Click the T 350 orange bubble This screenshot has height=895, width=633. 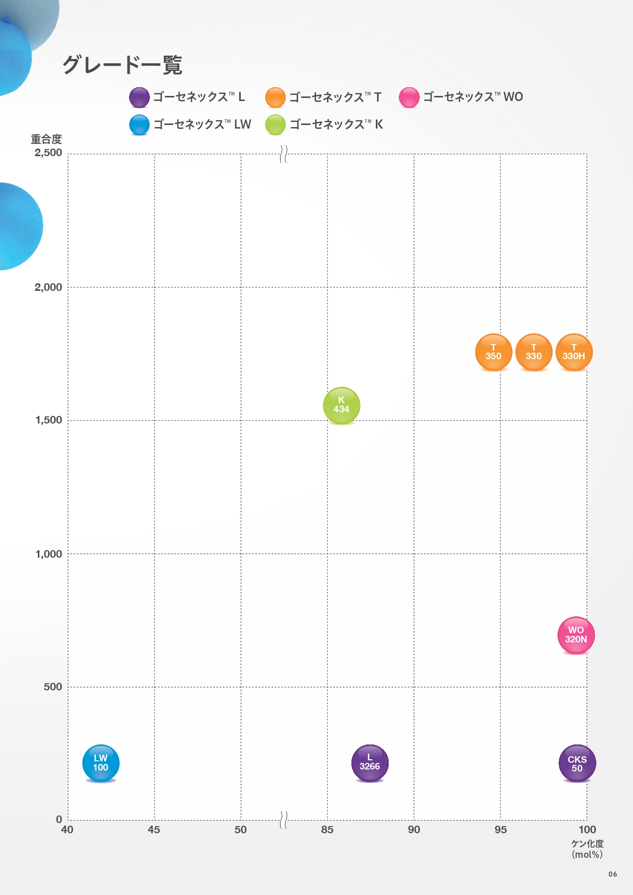pyautogui.click(x=493, y=352)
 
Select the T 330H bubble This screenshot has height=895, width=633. pyautogui.click(x=574, y=352)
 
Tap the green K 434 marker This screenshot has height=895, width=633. pyautogui.click(x=341, y=405)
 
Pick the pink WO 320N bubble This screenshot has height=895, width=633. pyautogui.click(x=576, y=635)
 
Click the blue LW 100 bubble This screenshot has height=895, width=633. pyautogui.click(x=100, y=763)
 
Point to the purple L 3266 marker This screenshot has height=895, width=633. pyautogui.click(x=370, y=762)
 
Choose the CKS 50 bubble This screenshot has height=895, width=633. pyautogui.click(x=577, y=763)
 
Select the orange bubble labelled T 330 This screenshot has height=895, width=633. pyautogui.click(x=534, y=352)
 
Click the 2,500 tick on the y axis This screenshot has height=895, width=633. pyautogui.click(x=48, y=153)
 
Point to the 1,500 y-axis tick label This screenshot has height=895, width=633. pyautogui.click(x=48, y=420)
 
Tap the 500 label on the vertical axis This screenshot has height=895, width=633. pyautogui.click(x=53, y=687)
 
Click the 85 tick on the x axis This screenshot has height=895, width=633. pyautogui.click(x=327, y=830)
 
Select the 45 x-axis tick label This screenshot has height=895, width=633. pyautogui.click(x=154, y=830)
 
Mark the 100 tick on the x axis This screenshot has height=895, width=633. pyautogui.click(x=587, y=830)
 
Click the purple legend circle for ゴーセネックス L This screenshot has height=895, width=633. pyautogui.click(x=139, y=97)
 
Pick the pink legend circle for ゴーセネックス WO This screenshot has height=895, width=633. pyautogui.click(x=409, y=97)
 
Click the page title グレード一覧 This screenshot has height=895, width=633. pyautogui.click(x=122, y=65)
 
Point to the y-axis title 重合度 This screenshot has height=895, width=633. pyautogui.click(x=46, y=139)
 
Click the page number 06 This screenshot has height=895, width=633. pyautogui.click(x=613, y=874)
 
